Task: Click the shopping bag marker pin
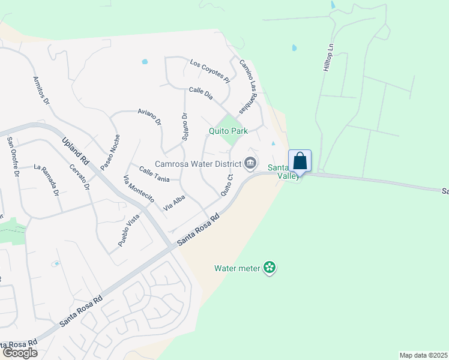click(x=300, y=161)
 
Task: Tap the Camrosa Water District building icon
click(x=250, y=163)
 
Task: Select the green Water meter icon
click(x=270, y=268)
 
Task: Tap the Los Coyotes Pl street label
click(x=210, y=70)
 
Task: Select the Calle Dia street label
click(x=201, y=93)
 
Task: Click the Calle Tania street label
click(x=154, y=175)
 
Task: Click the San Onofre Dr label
click(x=13, y=157)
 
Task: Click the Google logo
click(x=19, y=353)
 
